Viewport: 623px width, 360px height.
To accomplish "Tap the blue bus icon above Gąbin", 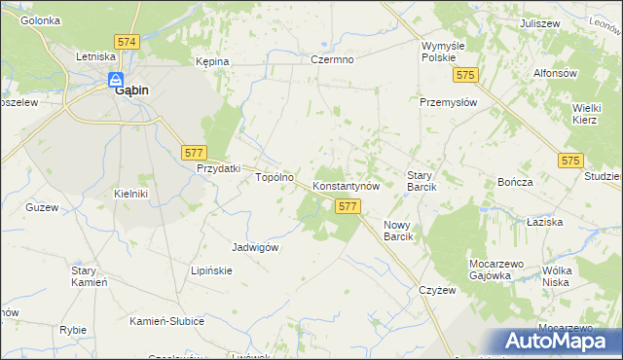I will (115, 81).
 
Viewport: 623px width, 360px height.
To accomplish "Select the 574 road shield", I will (126, 43).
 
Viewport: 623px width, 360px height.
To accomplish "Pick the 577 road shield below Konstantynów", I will (348, 206).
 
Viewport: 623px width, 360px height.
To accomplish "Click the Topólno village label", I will (275, 178).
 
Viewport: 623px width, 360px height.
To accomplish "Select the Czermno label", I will (332, 60).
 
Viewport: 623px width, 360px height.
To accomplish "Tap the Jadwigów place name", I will (256, 247).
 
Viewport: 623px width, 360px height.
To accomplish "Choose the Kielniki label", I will (130, 194).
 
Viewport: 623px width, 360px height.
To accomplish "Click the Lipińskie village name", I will (211, 270).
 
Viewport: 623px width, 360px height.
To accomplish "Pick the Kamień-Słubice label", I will (166, 321).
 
